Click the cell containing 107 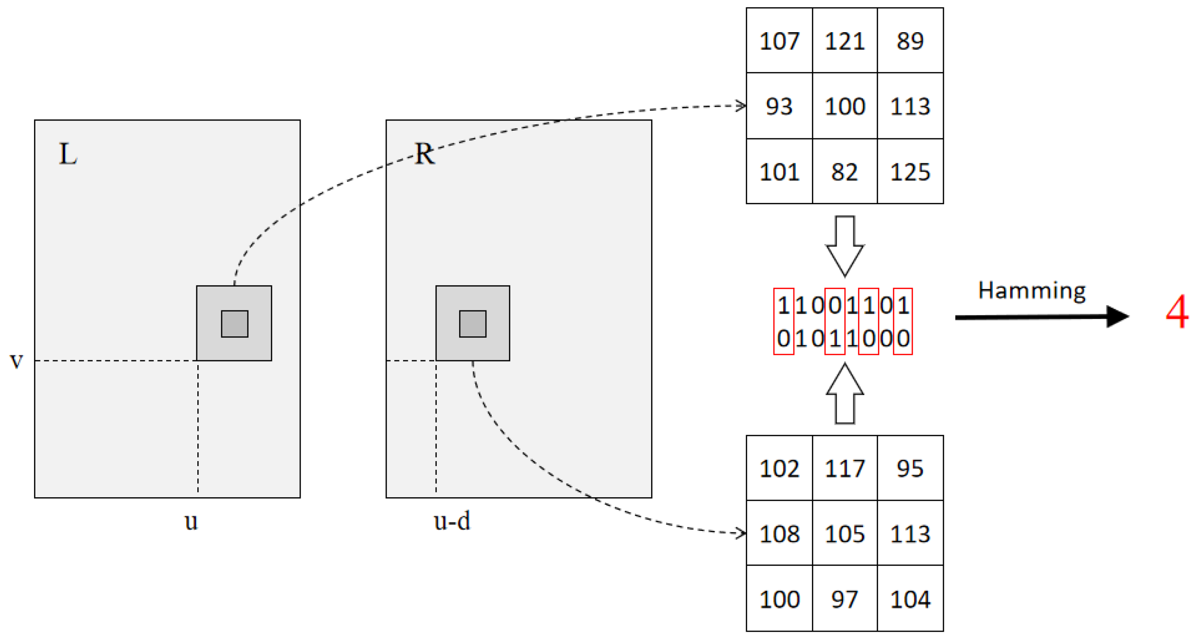[x=779, y=41]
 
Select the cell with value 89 [x=910, y=41]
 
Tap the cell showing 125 [x=910, y=172]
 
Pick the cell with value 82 [x=844, y=172]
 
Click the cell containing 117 [x=844, y=468]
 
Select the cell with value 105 [x=844, y=534]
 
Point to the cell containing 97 [x=844, y=599]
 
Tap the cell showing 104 [x=910, y=599]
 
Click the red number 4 [x=1176, y=312]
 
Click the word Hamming [x=1032, y=291]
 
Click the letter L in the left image [x=68, y=154]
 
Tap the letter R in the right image [x=424, y=154]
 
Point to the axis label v [x=17, y=361]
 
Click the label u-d [x=452, y=521]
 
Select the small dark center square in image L [x=234, y=324]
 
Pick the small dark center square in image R [x=472, y=324]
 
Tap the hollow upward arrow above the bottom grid [x=844, y=394]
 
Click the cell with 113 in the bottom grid [x=910, y=534]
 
